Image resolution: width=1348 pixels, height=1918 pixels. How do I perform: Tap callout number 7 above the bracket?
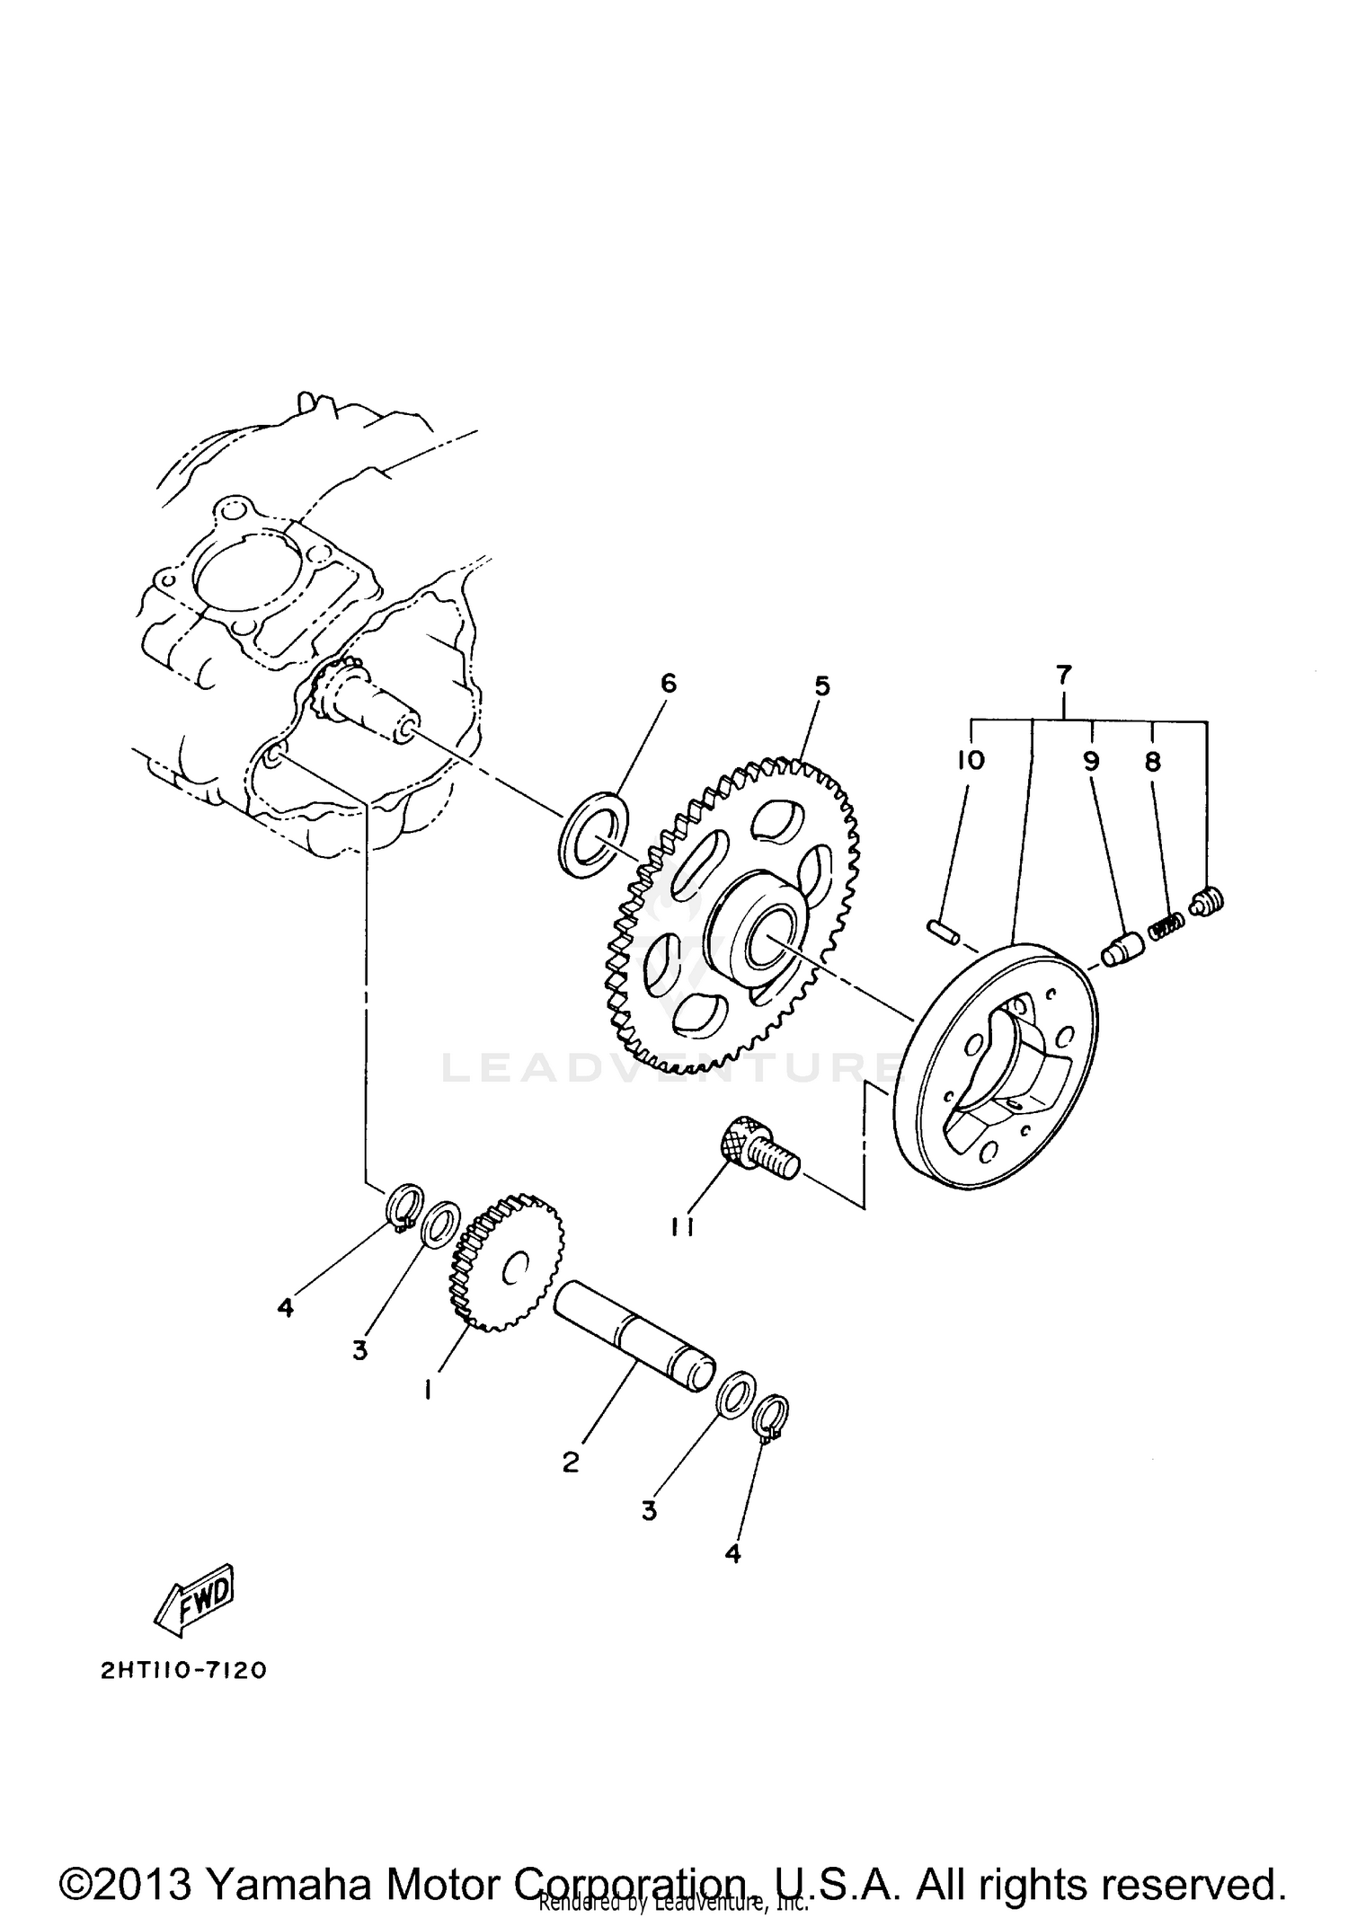1064,674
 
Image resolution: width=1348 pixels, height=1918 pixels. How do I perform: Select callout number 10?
971,760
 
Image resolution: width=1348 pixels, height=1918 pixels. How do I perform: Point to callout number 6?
668,683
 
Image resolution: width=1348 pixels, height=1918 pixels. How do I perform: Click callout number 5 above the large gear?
821,686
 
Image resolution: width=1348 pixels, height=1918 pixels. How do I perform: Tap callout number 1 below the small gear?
429,1391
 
